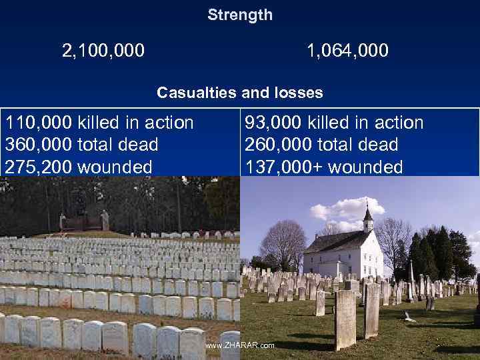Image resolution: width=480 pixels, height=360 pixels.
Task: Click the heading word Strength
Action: tap(240, 15)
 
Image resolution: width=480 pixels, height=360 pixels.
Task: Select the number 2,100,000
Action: tap(103, 50)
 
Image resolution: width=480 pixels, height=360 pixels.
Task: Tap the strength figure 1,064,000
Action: tap(347, 50)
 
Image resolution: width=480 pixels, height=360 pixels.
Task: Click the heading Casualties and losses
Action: tap(240, 93)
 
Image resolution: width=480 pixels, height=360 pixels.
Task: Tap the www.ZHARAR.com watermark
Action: tap(239, 345)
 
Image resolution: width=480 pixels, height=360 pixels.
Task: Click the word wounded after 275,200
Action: tap(115, 167)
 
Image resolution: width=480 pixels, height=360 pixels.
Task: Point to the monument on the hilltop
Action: tap(83, 221)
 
